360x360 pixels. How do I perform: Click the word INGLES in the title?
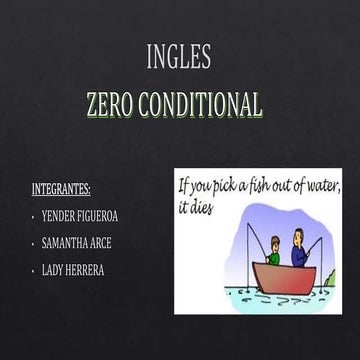tap(179, 58)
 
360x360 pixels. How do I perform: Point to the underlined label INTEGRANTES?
tap(61, 187)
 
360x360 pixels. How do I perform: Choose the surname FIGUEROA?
tap(106, 215)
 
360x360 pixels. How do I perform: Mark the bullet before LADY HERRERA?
tap(34, 270)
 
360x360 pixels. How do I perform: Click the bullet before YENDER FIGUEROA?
tap(34, 215)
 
